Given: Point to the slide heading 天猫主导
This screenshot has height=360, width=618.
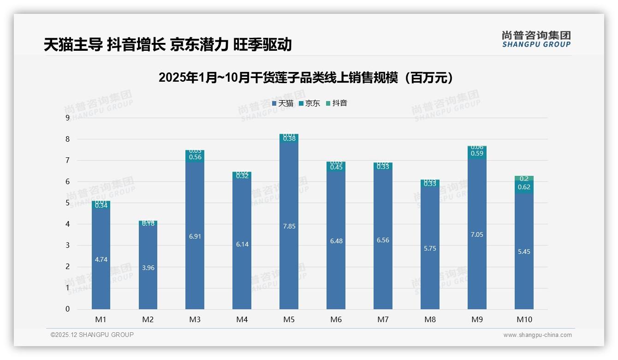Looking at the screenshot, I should [73, 45].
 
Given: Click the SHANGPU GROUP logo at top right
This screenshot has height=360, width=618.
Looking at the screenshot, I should [536, 39].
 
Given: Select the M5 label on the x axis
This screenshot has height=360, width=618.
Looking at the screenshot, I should [289, 319].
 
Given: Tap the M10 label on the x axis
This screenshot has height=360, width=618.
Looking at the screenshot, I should [524, 319].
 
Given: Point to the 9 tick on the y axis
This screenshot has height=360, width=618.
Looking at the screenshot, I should [67, 118].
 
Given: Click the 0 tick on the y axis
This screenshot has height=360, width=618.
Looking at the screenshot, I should [67, 309].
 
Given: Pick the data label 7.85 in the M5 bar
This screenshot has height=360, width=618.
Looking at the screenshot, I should [289, 226].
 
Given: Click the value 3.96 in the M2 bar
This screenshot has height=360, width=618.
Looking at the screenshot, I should [148, 268].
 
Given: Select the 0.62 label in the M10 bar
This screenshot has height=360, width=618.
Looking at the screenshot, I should [524, 187].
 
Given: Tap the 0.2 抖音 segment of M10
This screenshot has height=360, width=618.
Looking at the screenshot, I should [524, 179].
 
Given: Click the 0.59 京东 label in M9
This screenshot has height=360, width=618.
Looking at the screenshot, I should [477, 154].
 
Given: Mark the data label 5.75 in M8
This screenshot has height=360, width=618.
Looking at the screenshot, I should [430, 248].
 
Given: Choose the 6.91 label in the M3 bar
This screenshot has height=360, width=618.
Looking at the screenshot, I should [195, 236].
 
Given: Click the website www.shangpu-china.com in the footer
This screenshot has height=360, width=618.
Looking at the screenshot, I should [537, 335].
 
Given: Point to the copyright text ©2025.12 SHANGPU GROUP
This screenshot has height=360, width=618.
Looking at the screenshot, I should [92, 335].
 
